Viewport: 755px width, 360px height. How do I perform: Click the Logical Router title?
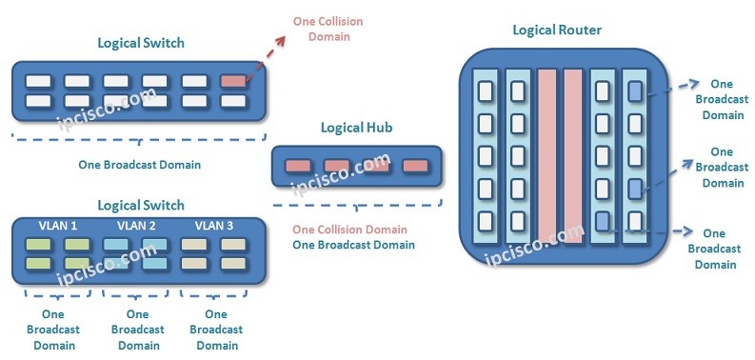click(x=557, y=30)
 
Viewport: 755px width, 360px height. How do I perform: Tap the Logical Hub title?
click(x=357, y=128)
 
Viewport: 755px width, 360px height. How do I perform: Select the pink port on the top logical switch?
click(x=232, y=81)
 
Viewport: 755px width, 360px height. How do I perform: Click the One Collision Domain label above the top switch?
click(x=328, y=29)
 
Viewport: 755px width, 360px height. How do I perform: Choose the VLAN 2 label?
click(x=137, y=226)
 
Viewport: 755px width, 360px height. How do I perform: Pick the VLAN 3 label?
click(x=214, y=226)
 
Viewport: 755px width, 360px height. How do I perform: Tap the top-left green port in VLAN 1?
click(x=38, y=245)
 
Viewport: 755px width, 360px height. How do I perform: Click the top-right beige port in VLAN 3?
click(x=232, y=245)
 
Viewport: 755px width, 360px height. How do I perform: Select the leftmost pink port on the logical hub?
click(x=298, y=166)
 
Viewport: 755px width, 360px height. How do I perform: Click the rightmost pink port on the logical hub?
click(x=414, y=166)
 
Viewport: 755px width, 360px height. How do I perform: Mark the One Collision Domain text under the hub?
click(x=349, y=230)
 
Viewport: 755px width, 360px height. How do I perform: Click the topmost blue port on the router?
click(x=635, y=91)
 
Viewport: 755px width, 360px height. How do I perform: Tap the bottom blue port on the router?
click(x=603, y=221)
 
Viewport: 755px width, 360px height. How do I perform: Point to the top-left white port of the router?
click(x=485, y=91)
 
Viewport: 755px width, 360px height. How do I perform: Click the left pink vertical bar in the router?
click(x=546, y=157)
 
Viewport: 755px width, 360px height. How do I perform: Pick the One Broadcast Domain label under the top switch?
click(x=140, y=165)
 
